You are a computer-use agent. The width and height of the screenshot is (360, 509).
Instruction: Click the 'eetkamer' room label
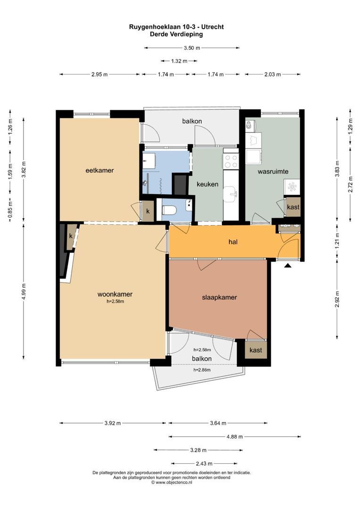[x=99, y=170]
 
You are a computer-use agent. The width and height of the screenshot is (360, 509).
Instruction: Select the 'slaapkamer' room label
[x=219, y=297]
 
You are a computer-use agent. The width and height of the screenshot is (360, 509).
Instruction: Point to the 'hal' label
[x=232, y=242]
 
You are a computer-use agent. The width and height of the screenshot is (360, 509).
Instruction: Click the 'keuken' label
[x=207, y=184]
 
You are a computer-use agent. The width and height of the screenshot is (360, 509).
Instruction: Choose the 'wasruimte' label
[x=273, y=172]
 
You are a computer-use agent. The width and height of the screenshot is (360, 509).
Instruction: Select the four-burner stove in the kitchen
[x=231, y=161]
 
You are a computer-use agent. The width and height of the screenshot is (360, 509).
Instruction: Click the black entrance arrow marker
[x=288, y=266]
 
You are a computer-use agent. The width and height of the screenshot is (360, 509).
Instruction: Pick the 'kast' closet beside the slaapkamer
[x=255, y=350]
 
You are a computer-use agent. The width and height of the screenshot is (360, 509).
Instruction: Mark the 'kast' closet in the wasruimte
[x=293, y=207]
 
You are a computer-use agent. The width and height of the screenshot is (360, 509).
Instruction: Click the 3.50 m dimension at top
[x=192, y=48]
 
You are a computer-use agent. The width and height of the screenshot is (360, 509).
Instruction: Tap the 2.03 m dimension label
[x=272, y=74]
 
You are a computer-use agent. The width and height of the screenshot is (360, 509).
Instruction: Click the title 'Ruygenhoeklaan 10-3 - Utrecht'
[x=176, y=27]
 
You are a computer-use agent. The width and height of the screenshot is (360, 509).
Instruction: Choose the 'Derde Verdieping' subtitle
[x=176, y=34]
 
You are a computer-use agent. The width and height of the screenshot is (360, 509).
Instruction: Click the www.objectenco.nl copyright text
[x=172, y=483]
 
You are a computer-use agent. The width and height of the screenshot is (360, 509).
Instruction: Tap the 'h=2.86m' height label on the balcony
[x=202, y=370]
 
